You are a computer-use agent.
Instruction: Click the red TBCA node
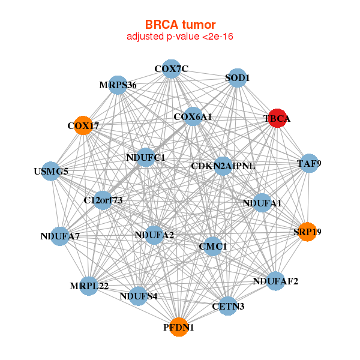[278, 118]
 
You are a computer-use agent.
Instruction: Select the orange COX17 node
[83, 125]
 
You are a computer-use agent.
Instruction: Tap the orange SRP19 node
[307, 232]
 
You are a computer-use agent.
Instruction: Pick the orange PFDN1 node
[179, 327]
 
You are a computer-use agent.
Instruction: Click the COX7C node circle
[171, 68]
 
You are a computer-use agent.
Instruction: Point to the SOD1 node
[238, 78]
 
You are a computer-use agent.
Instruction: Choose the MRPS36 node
[118, 85]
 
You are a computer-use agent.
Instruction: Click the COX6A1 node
[193, 116]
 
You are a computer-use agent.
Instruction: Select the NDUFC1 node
[146, 157]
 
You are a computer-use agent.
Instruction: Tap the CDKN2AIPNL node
[223, 166]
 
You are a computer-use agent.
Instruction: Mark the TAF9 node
[309, 163]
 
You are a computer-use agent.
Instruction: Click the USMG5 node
[51, 171]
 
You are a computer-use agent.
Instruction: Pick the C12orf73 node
[103, 200]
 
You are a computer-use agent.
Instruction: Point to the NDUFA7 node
[60, 236]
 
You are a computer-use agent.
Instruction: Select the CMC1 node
[213, 247]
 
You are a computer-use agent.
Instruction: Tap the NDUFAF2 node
[275, 281]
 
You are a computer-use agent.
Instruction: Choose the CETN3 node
[228, 306]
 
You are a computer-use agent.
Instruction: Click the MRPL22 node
[89, 286]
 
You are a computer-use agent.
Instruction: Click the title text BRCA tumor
[180, 25]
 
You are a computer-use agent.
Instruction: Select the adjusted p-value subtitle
[180, 37]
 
